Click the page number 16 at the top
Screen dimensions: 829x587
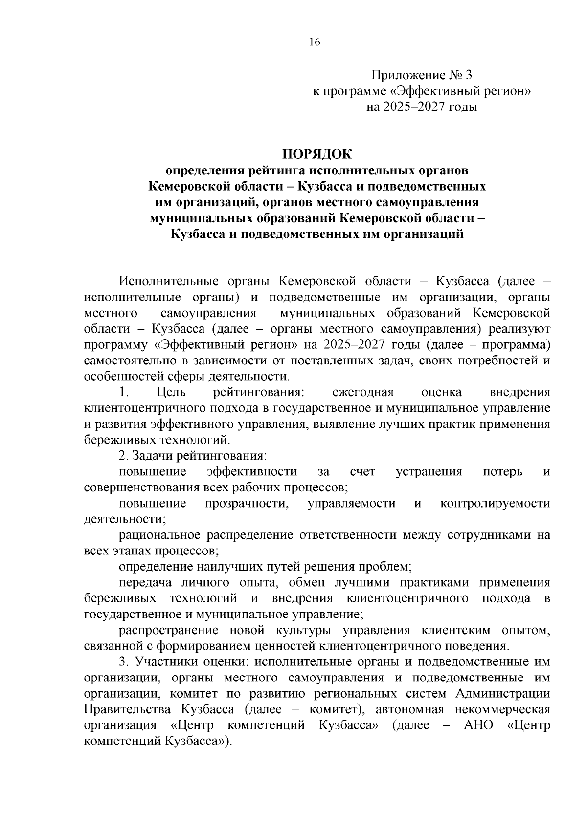coord(315,43)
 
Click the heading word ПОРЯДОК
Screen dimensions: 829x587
coord(316,154)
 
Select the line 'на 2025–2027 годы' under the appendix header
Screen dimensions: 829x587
coord(422,106)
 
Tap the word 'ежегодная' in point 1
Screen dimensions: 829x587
coord(363,392)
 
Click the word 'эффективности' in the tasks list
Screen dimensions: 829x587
coord(252,471)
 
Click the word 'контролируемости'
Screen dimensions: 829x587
coord(495,503)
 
